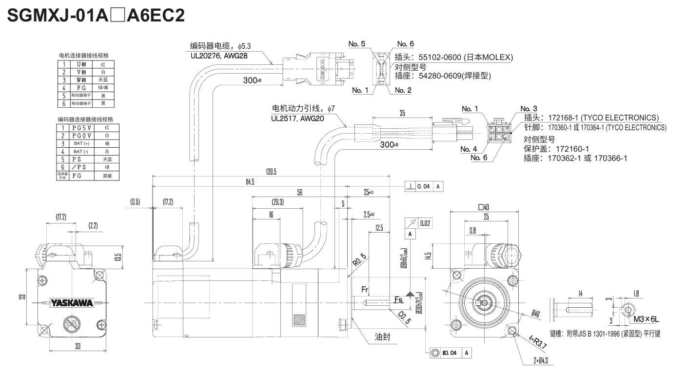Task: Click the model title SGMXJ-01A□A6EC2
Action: [x=96, y=16]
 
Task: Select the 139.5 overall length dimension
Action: [x=271, y=172]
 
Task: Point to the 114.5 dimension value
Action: [x=249, y=182]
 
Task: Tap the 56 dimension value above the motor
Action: [x=300, y=193]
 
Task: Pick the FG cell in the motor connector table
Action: [x=81, y=87]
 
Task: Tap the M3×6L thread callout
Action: [x=647, y=319]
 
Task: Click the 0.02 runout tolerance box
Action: [x=424, y=223]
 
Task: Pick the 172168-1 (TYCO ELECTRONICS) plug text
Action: [x=591, y=118]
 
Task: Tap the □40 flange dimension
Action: [x=484, y=207]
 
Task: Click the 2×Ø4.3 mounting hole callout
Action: [x=544, y=361]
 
